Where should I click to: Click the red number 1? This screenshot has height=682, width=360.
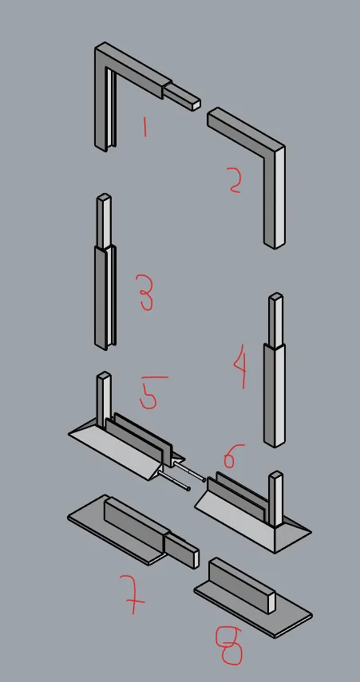(144, 127)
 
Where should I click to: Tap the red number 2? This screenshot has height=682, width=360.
(235, 180)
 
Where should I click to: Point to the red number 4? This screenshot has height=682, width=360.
(241, 369)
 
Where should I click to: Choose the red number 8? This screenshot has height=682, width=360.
(229, 646)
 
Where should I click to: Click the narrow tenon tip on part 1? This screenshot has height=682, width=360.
(182, 97)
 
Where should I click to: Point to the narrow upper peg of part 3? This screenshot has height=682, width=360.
(104, 222)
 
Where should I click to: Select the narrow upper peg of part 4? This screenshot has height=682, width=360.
(275, 320)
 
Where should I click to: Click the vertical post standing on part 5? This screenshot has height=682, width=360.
(104, 399)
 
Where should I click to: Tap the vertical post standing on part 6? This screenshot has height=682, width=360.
(275, 499)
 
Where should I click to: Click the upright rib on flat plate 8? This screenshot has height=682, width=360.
(243, 585)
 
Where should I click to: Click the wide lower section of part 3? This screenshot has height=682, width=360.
(105, 298)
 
